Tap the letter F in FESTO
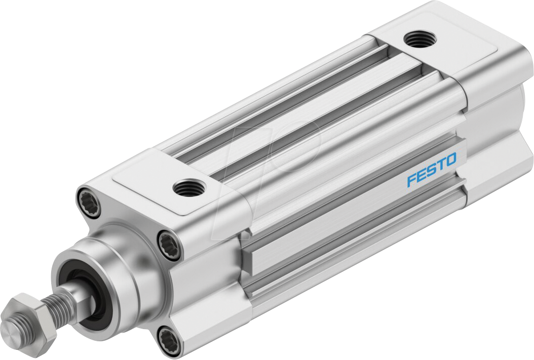click(x=412, y=180)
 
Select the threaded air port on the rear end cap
click(x=418, y=38)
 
